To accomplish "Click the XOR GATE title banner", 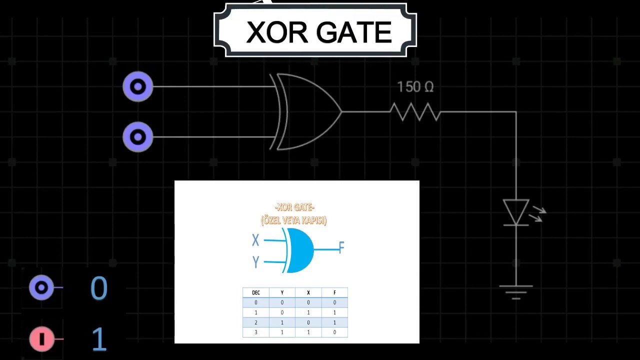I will [315, 31].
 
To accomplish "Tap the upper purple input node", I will [138, 86].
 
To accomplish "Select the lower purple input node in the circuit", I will [138, 136].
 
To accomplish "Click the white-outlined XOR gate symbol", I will [305, 111].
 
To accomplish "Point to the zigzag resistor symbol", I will [415, 111].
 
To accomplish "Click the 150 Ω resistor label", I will [415, 87].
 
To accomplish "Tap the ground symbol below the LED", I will [516, 291].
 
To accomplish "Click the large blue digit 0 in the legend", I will [99, 288].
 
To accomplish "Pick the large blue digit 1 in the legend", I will [99, 339].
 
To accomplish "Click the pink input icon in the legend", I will [42, 339].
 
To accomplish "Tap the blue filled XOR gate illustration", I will [299, 250].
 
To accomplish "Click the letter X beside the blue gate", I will [255, 240].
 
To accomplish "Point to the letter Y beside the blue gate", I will [255, 261].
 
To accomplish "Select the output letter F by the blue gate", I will [341, 247].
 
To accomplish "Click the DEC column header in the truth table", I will [255, 292].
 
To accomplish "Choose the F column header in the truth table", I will [334, 292].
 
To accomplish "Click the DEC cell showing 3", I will [255, 332].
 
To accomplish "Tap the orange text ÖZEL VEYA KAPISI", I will [294, 220].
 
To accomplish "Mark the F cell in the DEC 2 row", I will [334, 322].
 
